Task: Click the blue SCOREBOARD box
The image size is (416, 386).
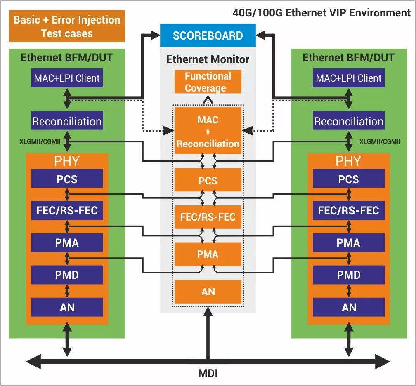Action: [x=208, y=35]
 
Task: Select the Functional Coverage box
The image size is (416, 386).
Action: [x=208, y=82]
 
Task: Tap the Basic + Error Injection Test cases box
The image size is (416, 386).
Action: [x=67, y=26]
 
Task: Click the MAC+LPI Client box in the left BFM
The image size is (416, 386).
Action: [x=67, y=78]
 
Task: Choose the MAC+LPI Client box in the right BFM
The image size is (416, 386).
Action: [x=349, y=78]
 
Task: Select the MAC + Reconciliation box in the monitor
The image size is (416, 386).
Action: [x=208, y=131]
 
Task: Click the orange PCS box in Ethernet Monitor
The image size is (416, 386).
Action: [x=208, y=180]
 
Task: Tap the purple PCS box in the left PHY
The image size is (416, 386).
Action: [x=67, y=179]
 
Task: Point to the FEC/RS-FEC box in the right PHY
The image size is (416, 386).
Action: [x=349, y=210]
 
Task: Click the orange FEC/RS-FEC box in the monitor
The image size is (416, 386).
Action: [x=208, y=217]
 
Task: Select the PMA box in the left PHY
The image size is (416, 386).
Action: [x=67, y=242]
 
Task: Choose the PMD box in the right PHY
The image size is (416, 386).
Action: [x=349, y=275]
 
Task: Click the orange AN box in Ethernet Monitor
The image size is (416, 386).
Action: [x=208, y=292]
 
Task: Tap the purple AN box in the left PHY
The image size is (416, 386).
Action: [x=67, y=307]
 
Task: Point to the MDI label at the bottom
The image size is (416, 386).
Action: [x=208, y=373]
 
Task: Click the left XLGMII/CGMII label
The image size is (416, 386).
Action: [x=40, y=141]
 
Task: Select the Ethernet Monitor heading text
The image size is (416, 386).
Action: [x=208, y=59]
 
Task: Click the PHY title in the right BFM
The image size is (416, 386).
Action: [x=348, y=161]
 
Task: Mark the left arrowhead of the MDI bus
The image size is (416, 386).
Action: [x=26, y=361]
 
